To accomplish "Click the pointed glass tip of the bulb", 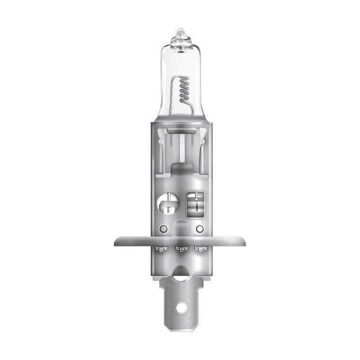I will [180, 33].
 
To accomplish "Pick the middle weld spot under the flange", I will [180, 249].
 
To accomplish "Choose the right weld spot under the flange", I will [199, 249].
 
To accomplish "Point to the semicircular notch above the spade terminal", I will [180, 272].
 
